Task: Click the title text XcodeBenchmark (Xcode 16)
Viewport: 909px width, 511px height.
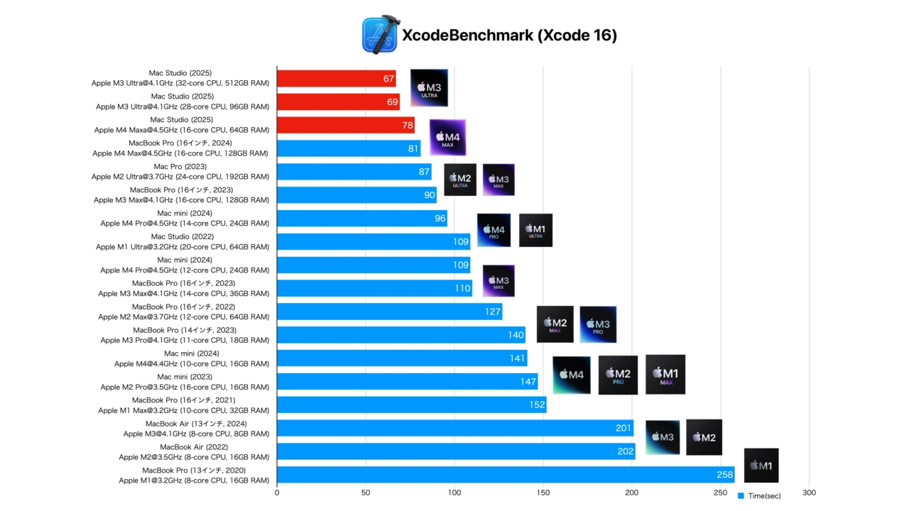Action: point(509,35)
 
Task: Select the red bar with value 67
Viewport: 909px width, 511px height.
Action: point(336,78)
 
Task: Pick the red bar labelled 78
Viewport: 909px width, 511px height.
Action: point(345,125)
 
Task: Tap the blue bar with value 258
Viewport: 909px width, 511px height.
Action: point(505,475)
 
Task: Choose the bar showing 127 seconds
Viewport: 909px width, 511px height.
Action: point(389,312)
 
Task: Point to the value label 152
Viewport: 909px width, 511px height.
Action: point(537,405)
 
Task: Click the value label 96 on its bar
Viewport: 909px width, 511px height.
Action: point(440,219)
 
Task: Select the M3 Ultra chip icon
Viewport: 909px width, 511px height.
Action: point(429,88)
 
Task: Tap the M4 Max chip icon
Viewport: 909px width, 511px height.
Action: point(447,138)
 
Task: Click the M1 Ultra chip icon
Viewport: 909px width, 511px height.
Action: point(535,230)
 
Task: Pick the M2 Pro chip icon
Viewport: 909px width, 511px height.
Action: point(618,375)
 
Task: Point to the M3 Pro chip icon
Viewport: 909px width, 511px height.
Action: point(598,324)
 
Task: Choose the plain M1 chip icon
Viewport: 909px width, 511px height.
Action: point(761,466)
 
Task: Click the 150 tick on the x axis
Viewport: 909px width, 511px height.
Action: point(543,493)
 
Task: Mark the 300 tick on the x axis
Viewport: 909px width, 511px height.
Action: point(809,493)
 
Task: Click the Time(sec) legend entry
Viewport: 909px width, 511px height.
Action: point(759,496)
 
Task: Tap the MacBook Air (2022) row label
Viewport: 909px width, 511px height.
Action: point(194,452)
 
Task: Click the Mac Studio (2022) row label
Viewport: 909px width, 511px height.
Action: point(183,242)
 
